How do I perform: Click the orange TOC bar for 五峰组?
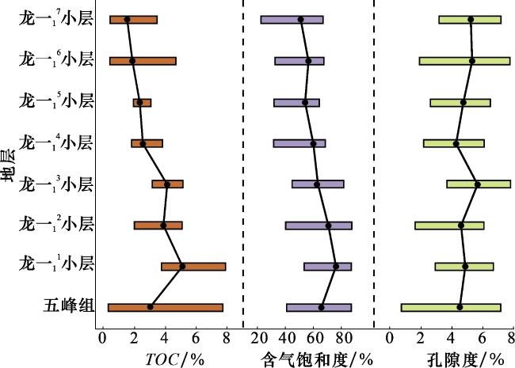point(190,307)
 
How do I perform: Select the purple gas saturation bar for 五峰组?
point(301,307)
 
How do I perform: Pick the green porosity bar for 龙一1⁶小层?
point(444,61)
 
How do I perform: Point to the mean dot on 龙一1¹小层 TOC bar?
point(182,266)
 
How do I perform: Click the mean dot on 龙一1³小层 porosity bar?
point(477,184)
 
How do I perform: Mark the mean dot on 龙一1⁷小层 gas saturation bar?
point(300,20)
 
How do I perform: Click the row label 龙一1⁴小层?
point(56,143)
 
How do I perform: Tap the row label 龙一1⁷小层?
point(56,20)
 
